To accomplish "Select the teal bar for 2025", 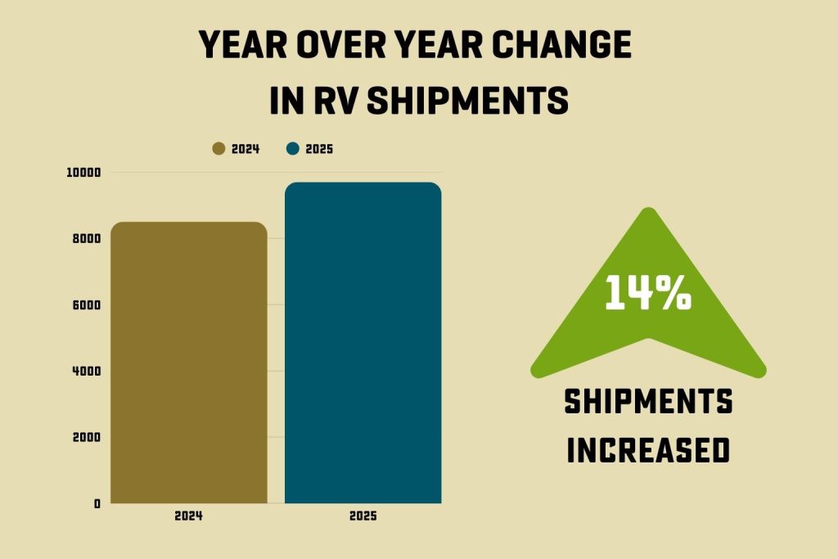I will (x=363, y=344).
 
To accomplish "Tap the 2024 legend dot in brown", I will (x=219, y=149).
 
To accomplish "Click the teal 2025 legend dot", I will (x=293, y=149).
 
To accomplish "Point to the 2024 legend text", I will (x=246, y=149).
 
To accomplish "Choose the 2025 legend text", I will (x=319, y=149).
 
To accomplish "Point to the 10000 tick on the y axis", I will (x=83, y=173).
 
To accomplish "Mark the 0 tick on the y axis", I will (x=97, y=503).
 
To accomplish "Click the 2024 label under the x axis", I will (x=188, y=517).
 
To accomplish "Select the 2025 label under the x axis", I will (x=363, y=517).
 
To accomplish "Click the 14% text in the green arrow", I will (x=647, y=293).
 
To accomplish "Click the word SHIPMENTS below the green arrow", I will (x=648, y=403).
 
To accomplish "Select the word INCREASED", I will (x=648, y=450).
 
